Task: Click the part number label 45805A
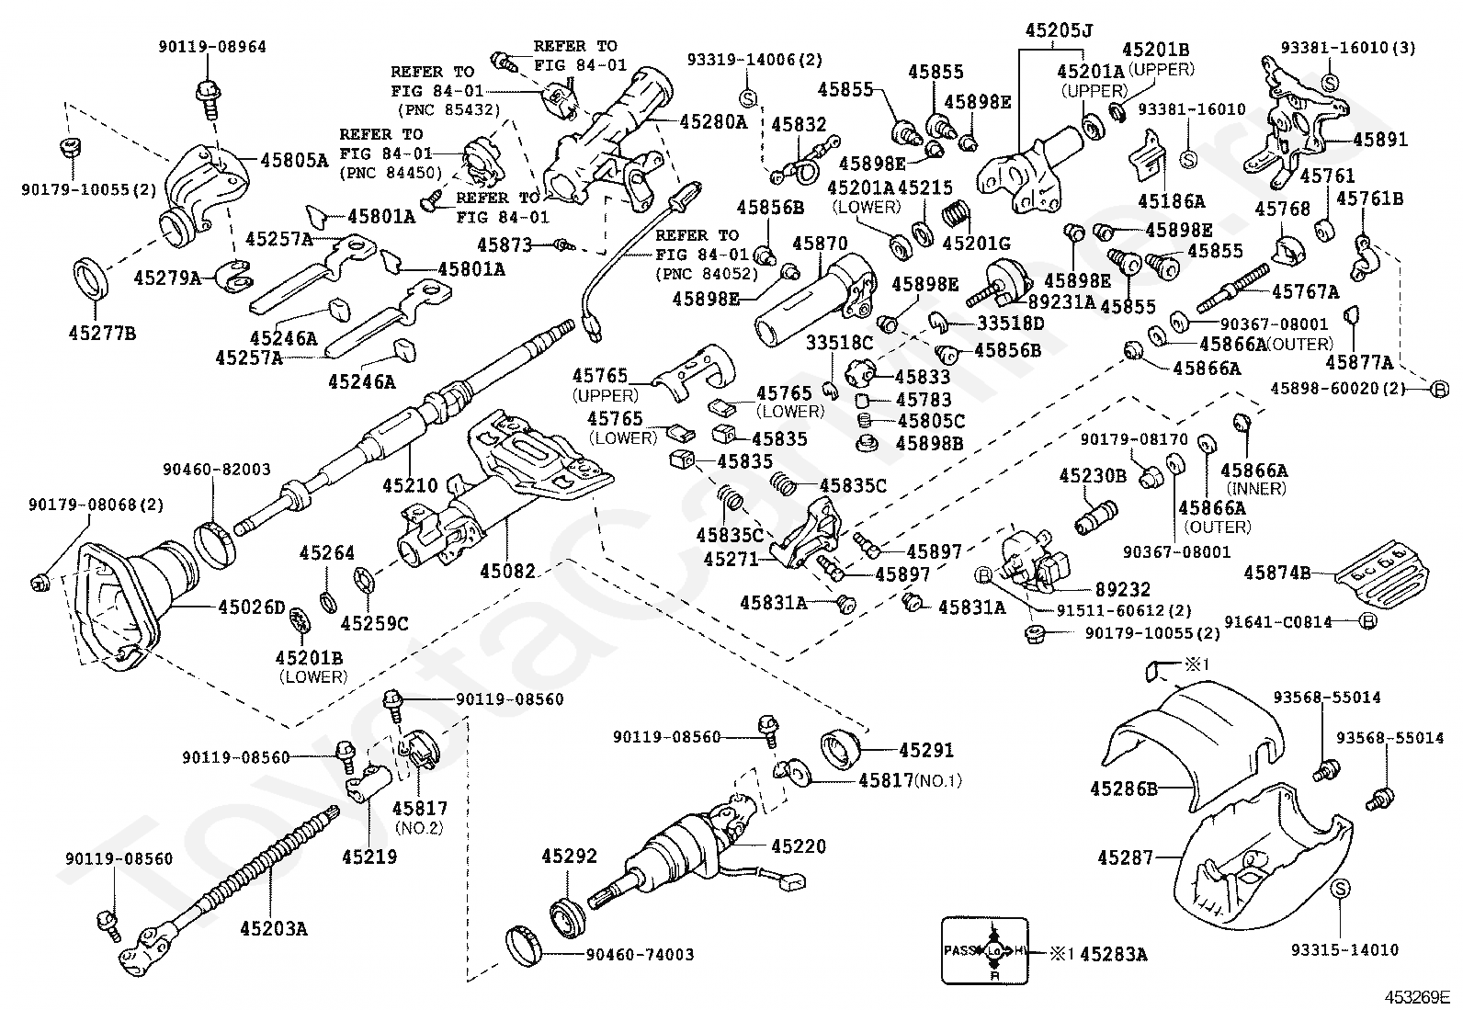294,160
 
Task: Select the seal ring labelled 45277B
91,279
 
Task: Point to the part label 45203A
273,928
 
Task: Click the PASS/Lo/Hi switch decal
984,950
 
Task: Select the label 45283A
1114,955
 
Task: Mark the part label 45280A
713,122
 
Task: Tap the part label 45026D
252,607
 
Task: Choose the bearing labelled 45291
840,750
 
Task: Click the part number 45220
798,846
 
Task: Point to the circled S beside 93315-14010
1340,889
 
